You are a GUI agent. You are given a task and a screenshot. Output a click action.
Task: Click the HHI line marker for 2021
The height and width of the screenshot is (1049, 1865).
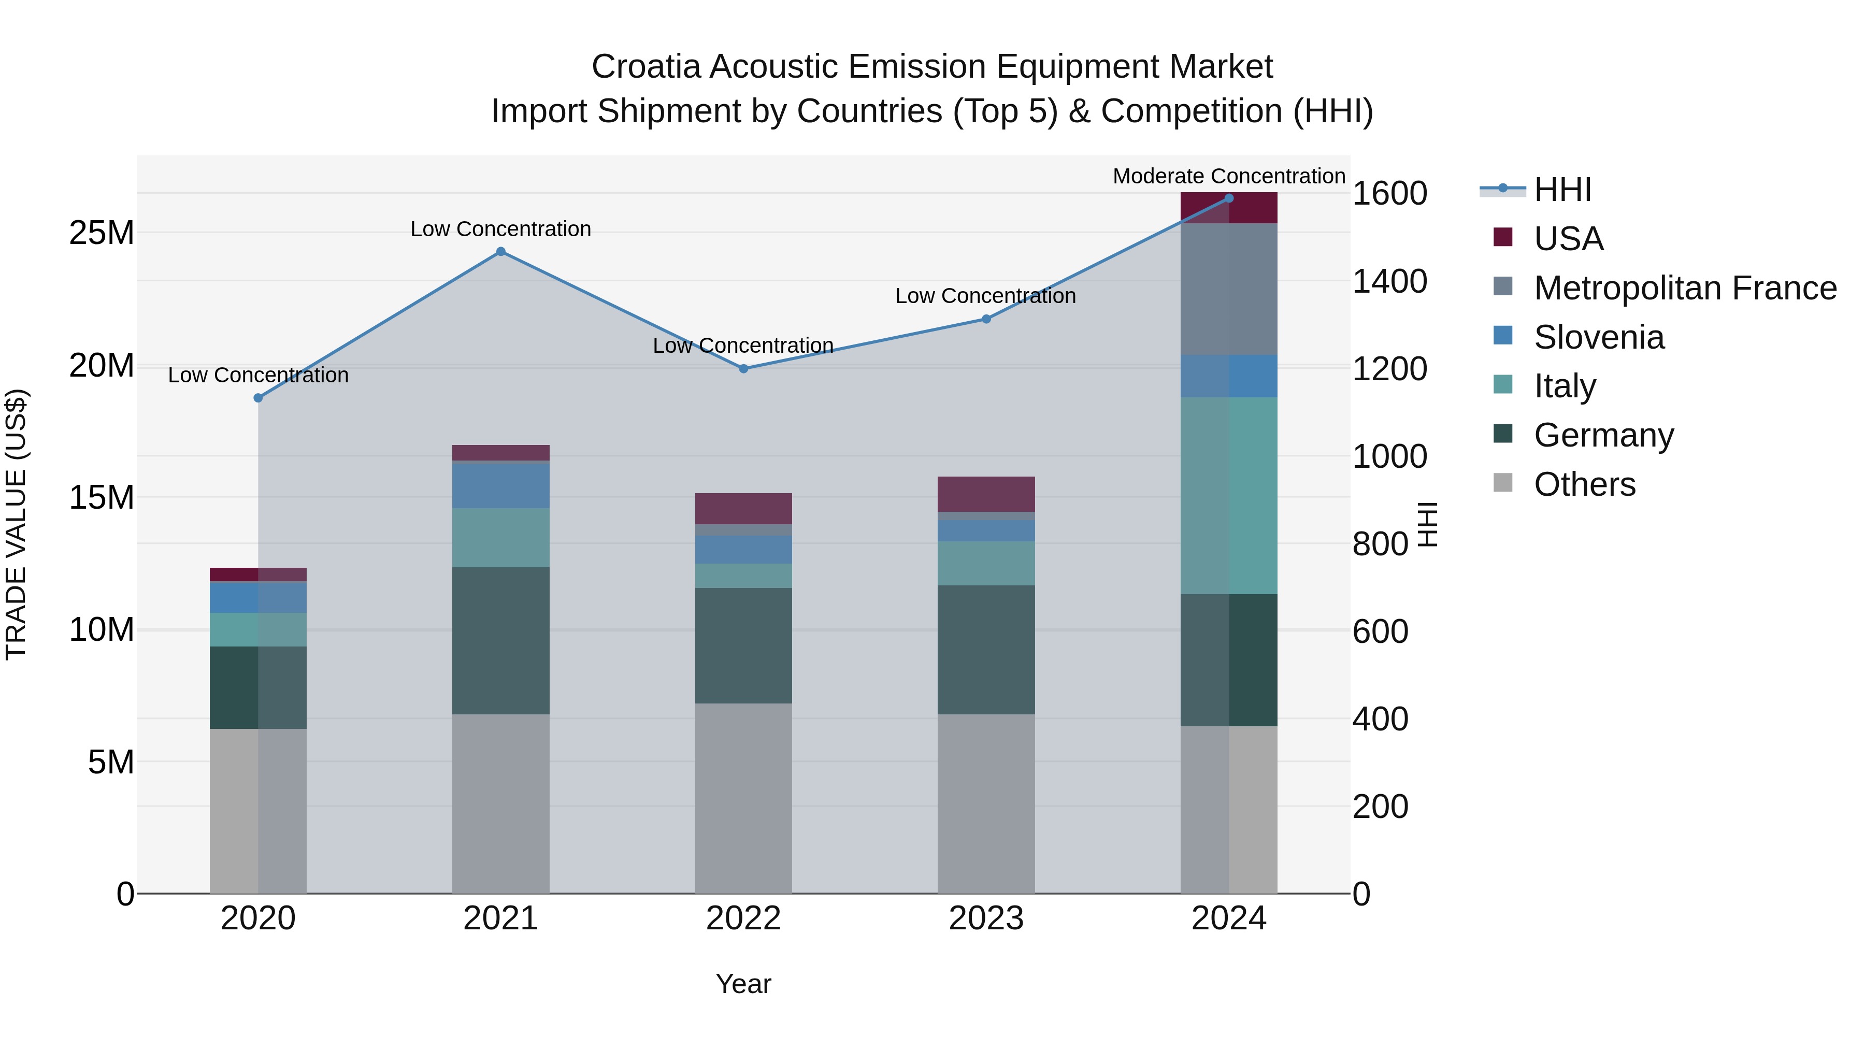pyautogui.click(x=500, y=252)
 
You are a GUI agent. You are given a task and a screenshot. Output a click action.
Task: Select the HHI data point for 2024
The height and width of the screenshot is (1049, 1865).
pyautogui.click(x=1229, y=198)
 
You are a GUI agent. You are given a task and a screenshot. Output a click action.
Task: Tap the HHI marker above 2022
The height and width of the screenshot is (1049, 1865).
pyautogui.click(x=743, y=368)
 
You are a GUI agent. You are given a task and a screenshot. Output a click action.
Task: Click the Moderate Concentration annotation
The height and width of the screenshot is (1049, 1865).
pyautogui.click(x=1229, y=176)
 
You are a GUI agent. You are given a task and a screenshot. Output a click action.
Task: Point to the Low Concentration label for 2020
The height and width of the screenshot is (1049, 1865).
pyautogui.click(x=259, y=375)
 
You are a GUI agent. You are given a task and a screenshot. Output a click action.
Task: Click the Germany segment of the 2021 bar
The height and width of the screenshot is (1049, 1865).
pyautogui.click(x=500, y=641)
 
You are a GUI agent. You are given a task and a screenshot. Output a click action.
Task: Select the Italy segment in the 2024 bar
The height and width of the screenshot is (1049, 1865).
pyautogui.click(x=1229, y=496)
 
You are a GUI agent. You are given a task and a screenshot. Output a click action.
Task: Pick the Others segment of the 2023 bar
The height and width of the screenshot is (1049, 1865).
pyautogui.click(x=985, y=803)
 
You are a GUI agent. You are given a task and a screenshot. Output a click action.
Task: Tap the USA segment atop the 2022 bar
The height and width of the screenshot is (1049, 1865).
pyautogui.click(x=743, y=508)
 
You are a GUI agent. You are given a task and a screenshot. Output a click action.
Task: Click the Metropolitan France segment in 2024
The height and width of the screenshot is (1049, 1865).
pyautogui.click(x=1229, y=290)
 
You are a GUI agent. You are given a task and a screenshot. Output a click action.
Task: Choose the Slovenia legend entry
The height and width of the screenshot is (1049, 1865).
pyautogui.click(x=1599, y=337)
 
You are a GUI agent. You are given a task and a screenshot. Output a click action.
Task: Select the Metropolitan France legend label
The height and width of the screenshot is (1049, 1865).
pyautogui.click(x=1685, y=288)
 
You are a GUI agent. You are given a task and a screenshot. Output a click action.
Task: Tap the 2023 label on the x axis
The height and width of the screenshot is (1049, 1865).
pyautogui.click(x=985, y=918)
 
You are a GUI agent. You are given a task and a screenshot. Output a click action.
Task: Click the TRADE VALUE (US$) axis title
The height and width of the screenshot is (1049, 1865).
pyautogui.click(x=16, y=524)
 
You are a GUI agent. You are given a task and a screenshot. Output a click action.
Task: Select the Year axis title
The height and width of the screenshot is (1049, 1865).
pyautogui.click(x=743, y=984)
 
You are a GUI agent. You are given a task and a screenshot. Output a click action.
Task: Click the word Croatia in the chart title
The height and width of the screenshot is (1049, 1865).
pyautogui.click(x=646, y=67)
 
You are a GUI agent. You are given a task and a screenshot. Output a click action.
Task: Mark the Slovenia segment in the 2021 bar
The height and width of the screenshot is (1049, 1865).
pyautogui.click(x=500, y=486)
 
